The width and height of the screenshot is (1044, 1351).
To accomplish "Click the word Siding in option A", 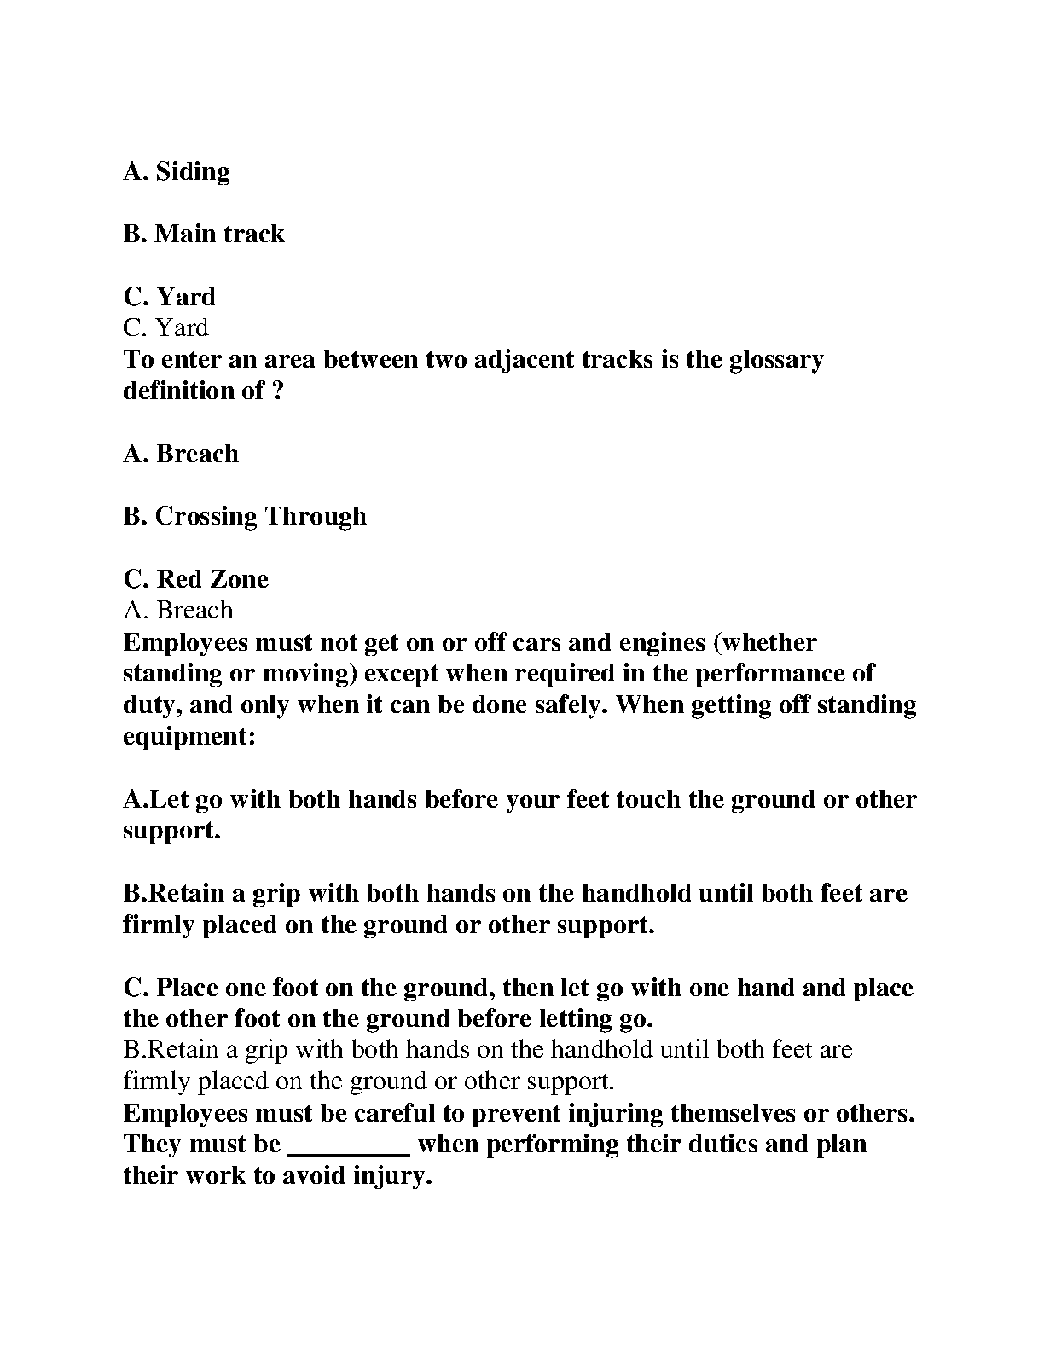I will point(193,172).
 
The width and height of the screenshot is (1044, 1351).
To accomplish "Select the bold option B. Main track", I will point(204,234).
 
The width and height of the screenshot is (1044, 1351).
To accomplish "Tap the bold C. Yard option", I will point(170,297).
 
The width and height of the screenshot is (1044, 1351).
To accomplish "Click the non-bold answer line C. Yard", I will point(165,328).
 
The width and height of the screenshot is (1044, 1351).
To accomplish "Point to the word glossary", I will point(776,359).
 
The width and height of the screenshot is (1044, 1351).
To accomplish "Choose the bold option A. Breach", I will point(181,454).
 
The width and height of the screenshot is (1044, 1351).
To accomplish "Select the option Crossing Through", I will point(260,516).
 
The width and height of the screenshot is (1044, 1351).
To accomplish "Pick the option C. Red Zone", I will point(196,579).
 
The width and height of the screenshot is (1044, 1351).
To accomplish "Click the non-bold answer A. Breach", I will point(177,611).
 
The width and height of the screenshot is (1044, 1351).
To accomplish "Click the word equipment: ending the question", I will point(189,736).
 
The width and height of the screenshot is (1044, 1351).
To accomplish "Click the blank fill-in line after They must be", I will point(351,1145).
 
